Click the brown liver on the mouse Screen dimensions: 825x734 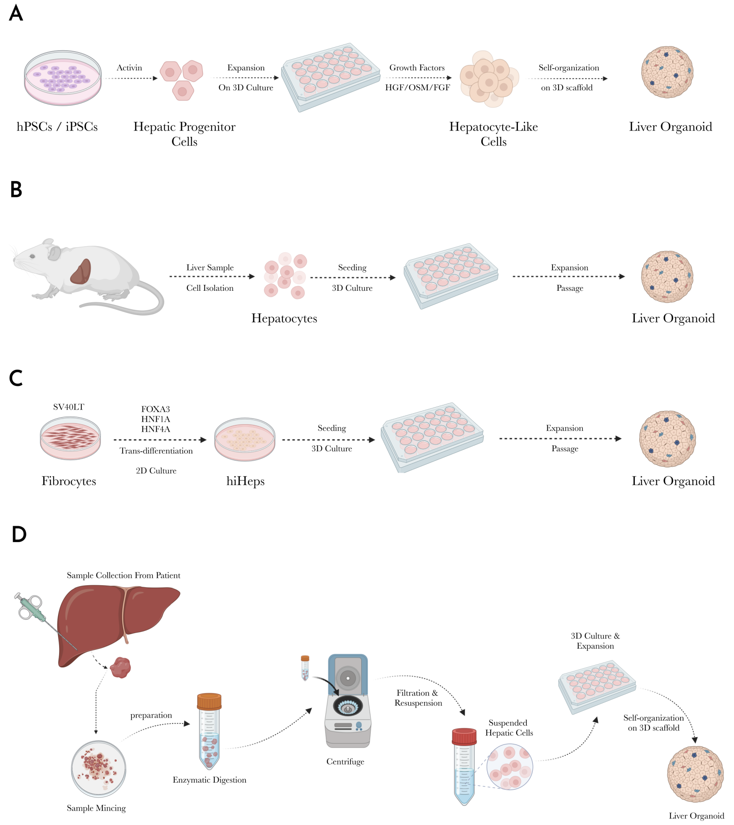click(x=81, y=272)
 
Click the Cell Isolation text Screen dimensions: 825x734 click(x=210, y=288)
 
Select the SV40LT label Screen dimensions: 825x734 click(x=68, y=407)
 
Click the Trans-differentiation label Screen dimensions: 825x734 click(x=156, y=451)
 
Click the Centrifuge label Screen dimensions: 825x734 click(x=345, y=762)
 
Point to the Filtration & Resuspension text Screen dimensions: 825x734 click(x=418, y=698)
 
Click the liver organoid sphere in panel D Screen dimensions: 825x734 click(x=695, y=774)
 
